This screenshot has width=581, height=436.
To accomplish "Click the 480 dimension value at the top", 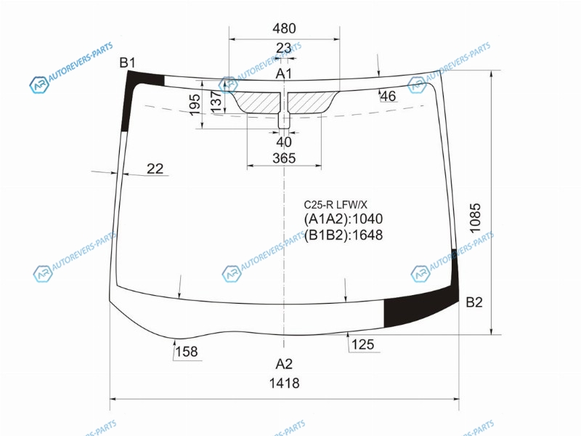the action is [284, 28].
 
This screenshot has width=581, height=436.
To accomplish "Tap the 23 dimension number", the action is [283, 48].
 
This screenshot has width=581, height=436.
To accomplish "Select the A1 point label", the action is [283, 74].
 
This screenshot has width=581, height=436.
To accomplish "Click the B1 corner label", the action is [128, 62].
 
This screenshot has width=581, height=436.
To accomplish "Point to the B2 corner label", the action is [474, 302].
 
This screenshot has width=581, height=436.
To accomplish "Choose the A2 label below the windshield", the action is [284, 364].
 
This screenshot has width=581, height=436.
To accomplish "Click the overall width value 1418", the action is [284, 383].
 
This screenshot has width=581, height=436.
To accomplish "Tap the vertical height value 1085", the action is [475, 217].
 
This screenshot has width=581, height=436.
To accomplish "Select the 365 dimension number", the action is [284, 158].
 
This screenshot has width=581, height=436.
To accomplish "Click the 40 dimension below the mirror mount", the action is [284, 142].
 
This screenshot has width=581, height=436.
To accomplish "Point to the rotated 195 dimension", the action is [195, 105].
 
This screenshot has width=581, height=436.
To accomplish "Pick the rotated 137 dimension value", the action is [216, 101].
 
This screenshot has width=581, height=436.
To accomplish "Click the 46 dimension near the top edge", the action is [388, 96].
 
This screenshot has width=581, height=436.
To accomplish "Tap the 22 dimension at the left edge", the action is [155, 169].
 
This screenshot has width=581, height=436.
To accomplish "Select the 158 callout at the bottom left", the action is [187, 351].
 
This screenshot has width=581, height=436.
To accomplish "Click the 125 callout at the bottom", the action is [362, 344].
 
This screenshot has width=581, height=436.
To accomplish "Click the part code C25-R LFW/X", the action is [336, 205].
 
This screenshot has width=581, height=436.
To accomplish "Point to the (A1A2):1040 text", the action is [343, 219].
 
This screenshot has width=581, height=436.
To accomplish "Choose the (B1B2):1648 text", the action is [343, 235].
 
